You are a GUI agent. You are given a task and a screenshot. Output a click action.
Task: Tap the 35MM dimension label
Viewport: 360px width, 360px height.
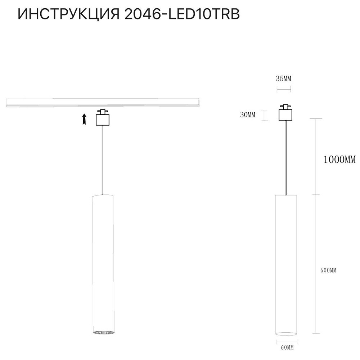284,78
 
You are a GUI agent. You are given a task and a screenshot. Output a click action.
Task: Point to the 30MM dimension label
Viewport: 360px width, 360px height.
247,115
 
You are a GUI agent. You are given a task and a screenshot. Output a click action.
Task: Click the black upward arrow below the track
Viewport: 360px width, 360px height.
84,119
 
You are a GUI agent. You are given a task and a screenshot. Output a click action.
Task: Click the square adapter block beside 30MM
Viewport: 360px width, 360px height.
286,114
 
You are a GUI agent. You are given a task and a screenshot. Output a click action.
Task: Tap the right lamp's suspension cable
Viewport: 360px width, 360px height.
286,158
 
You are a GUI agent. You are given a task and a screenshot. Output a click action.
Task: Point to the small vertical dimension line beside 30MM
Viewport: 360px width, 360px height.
265,115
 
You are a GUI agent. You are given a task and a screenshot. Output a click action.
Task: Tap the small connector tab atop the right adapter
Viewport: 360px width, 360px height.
286,107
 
